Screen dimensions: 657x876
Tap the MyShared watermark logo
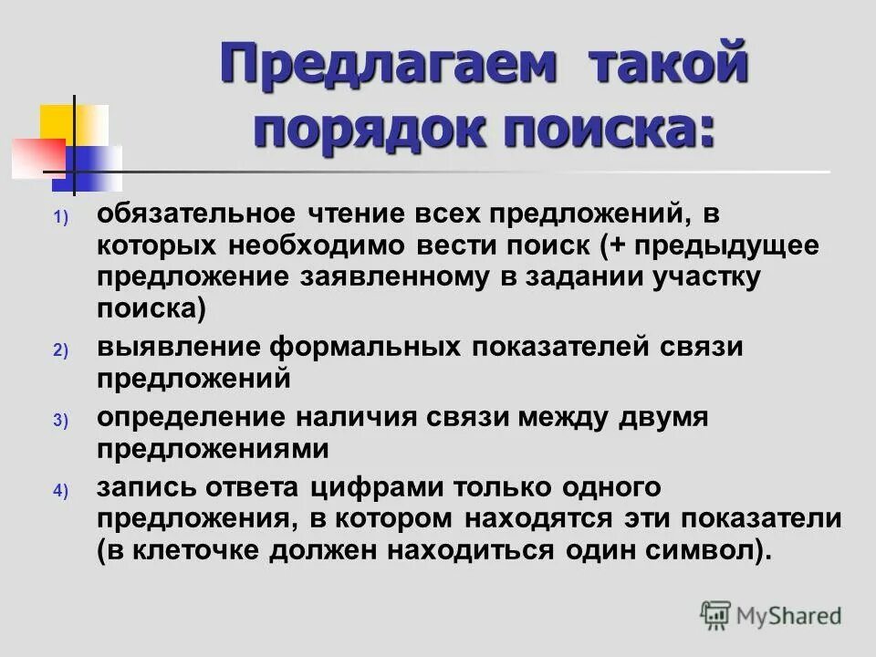[770, 615]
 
